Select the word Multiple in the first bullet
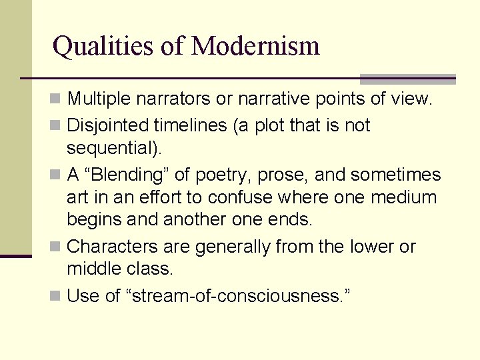(99, 100)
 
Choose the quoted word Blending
(133, 175)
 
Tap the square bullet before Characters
(58, 247)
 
